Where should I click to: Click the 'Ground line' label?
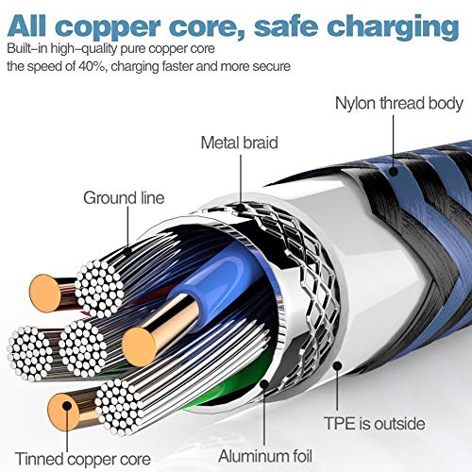(x=124, y=198)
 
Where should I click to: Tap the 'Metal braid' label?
(x=240, y=143)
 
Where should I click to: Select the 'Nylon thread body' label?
(x=399, y=103)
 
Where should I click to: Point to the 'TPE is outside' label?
(x=375, y=423)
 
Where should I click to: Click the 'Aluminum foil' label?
(x=265, y=456)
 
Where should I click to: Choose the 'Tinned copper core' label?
(x=83, y=459)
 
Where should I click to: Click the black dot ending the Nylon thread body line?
(x=393, y=171)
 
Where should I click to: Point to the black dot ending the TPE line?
(x=337, y=366)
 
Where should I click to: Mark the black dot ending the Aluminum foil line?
(x=264, y=383)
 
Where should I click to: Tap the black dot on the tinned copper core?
(x=66, y=406)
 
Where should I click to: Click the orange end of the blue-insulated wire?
(x=139, y=346)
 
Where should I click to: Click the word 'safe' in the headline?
(x=286, y=26)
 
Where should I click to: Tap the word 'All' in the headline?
(x=26, y=25)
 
